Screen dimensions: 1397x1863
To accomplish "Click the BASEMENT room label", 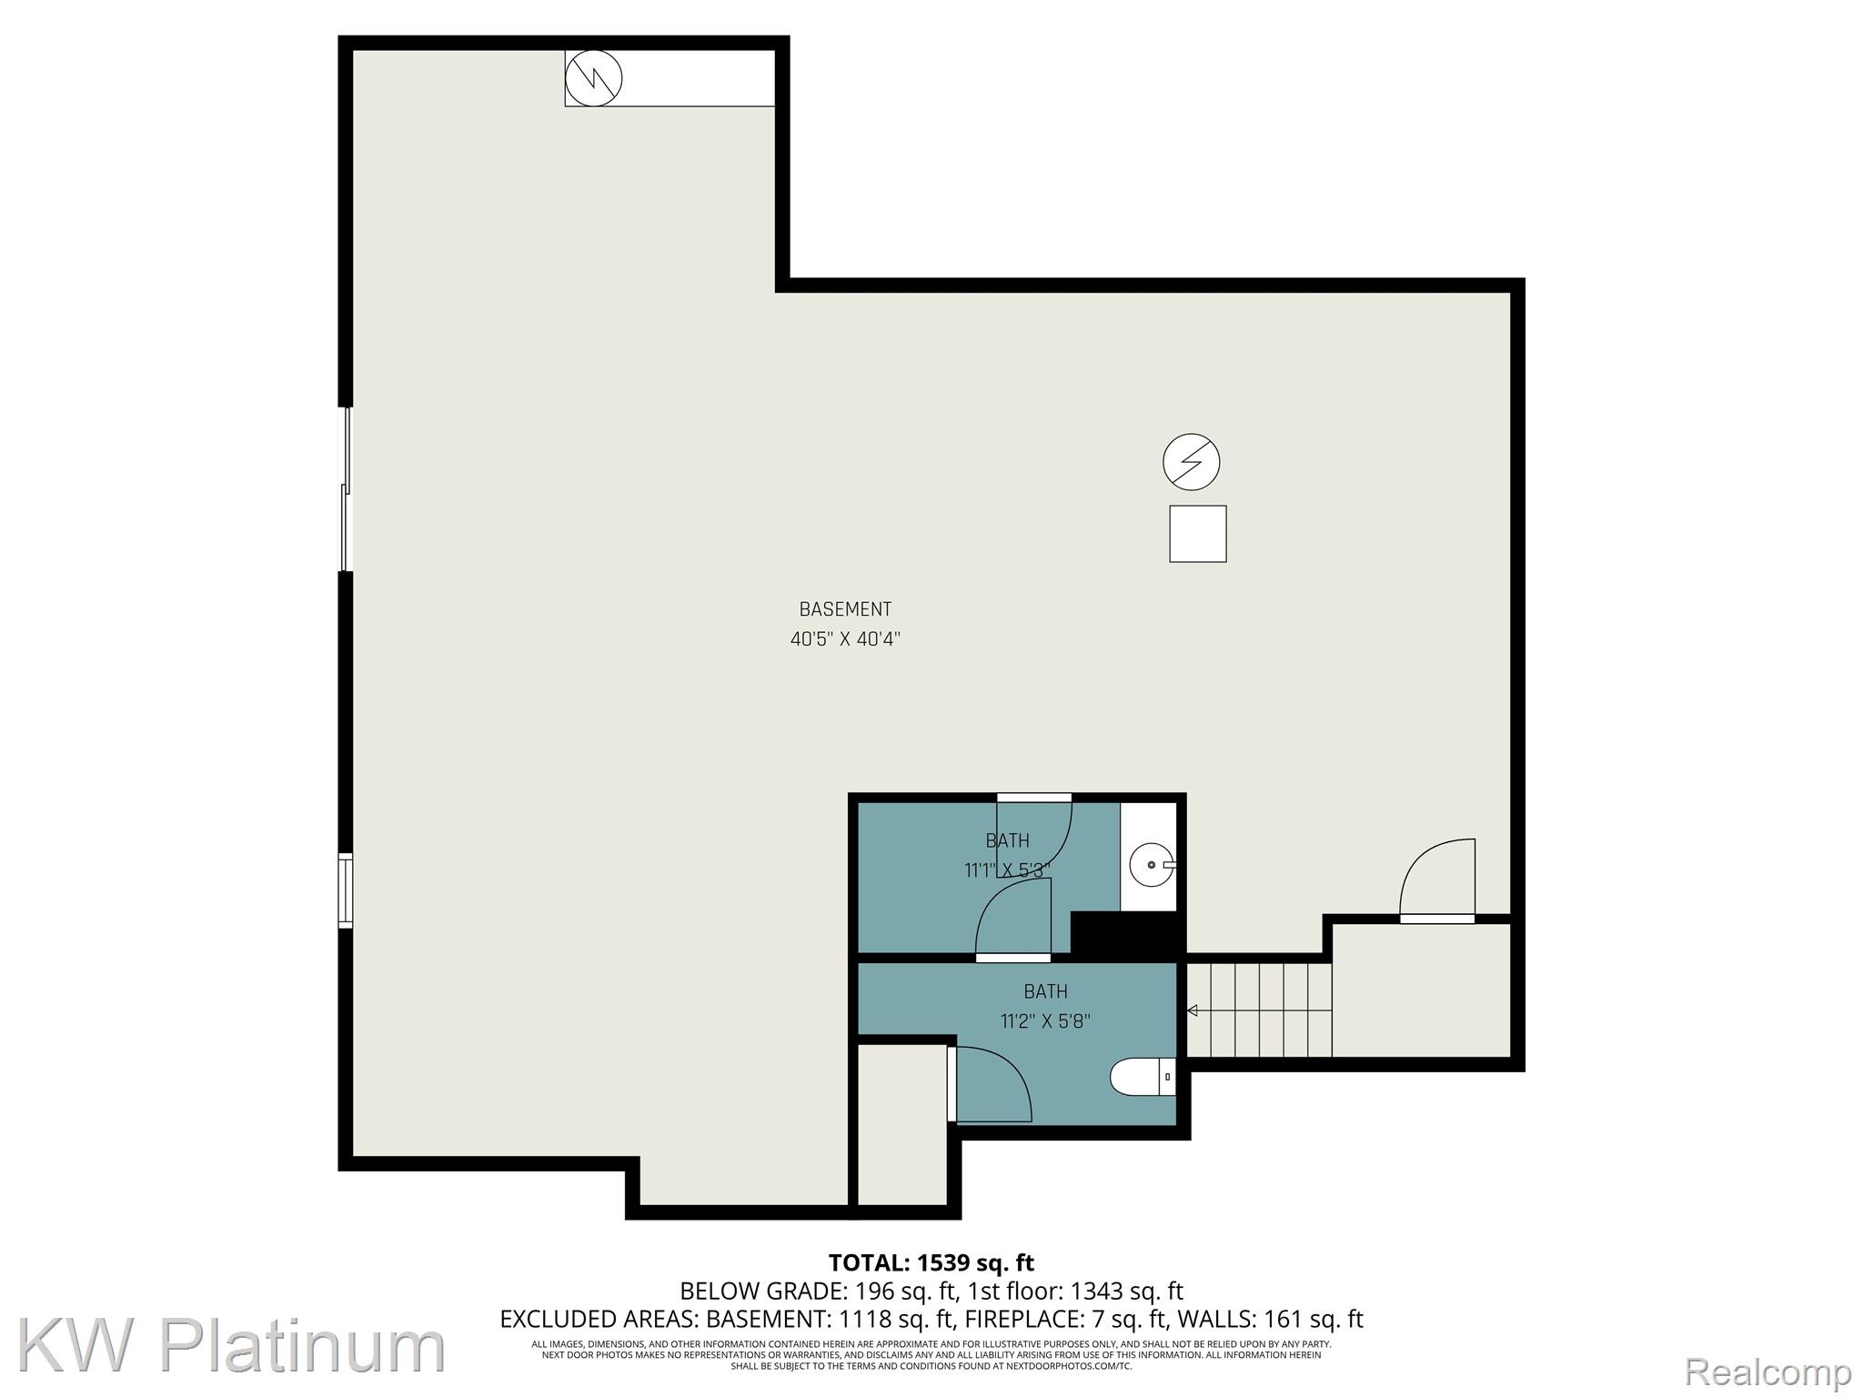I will (x=844, y=609).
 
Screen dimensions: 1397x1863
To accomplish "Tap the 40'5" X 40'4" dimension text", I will (x=844, y=639).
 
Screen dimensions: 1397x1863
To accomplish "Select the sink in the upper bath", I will (x=1151, y=865).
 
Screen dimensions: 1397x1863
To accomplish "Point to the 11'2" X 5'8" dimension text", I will (x=1045, y=1021).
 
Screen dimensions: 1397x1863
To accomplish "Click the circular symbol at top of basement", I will (x=593, y=77).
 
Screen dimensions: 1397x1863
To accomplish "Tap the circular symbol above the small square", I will (x=1191, y=462).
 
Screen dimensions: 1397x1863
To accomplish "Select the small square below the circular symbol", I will (x=1197, y=534).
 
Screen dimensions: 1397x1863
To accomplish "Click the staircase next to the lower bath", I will (x=1260, y=1010).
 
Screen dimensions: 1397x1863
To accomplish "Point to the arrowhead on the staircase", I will (x=1192, y=1010).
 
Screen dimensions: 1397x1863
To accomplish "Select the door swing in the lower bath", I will (x=992, y=1084).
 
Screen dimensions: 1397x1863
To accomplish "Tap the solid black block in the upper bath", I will (x=1125, y=932).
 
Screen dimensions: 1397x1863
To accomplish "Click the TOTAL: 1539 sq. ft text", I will (x=931, y=1263).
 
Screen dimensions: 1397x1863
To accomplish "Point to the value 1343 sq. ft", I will (x=1126, y=1291).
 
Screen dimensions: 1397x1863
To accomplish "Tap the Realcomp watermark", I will (x=1767, y=1372).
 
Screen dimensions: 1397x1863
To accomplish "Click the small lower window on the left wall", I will (x=345, y=890).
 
